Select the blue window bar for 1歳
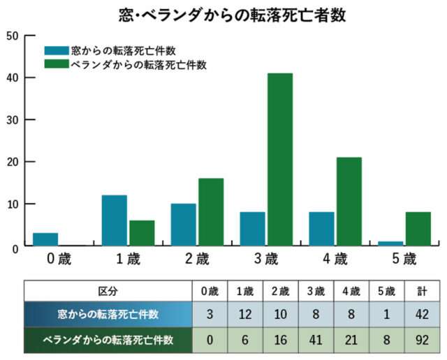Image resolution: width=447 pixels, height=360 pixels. (115, 220)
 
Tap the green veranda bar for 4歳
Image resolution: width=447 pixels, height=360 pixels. (349, 201)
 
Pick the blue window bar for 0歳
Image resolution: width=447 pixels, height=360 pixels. (46, 239)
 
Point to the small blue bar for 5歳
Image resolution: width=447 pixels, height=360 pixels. (391, 243)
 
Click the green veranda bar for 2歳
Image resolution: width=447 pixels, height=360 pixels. (211, 211)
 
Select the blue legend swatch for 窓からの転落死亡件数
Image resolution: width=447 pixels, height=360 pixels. (56, 51)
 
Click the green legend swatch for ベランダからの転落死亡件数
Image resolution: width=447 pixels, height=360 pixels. (56, 64)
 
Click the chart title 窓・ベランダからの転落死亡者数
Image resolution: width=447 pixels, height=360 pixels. (223, 15)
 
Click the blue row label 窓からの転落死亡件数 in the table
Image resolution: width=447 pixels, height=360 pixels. (108, 315)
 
